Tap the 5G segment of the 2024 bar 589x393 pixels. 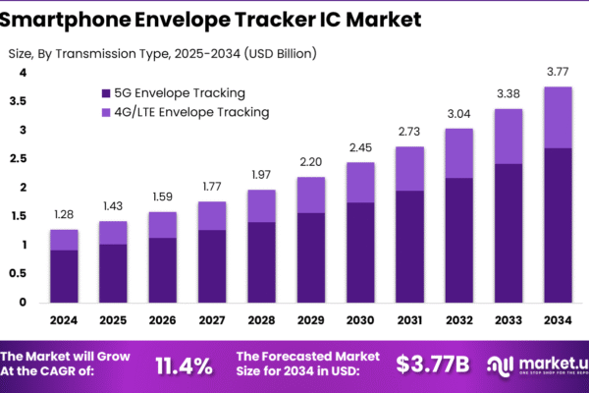tap(64, 276)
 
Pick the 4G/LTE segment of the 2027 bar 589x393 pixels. tap(212, 216)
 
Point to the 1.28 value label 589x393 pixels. tap(64, 213)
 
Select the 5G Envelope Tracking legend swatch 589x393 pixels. tap(105, 93)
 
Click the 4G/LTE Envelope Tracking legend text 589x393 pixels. tap(191, 112)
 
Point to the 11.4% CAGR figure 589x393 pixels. tap(184, 366)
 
